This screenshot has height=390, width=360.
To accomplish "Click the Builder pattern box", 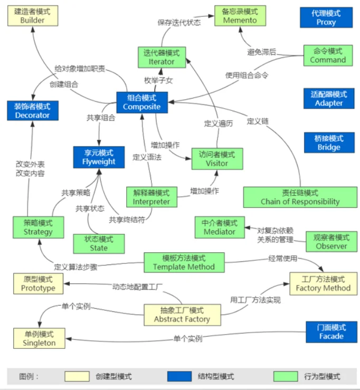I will pos(33,16).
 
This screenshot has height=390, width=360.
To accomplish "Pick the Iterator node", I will pos(162,57).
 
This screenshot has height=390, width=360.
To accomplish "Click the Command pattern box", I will pos(328,55).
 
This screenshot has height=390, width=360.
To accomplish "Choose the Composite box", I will pos(141,102).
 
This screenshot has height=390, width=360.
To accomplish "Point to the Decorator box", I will pos(32,111).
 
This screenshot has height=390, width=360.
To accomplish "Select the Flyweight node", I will pos(99,157).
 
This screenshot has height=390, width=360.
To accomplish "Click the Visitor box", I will pos(217,159).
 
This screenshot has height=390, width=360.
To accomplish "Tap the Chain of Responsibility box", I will pos(300,197).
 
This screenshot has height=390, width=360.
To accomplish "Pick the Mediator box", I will pos(220,227).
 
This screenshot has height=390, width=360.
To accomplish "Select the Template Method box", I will pos(184,262).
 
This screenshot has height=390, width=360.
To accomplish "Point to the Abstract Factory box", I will pos(182,315).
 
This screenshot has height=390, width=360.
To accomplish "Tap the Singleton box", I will pos(39,338).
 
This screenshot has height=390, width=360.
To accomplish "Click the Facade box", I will pos(331,331).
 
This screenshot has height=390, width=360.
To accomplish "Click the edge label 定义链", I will pos(258,121).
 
